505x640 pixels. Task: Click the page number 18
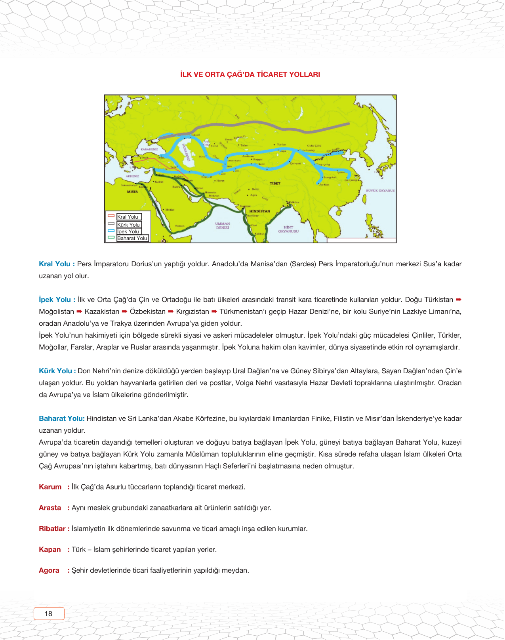pyautogui.click(x=48, y=613)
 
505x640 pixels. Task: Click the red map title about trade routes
pyautogui.click(x=250, y=75)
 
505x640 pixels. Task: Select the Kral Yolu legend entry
pyautogui.click(x=128, y=217)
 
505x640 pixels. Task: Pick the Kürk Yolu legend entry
pyautogui.click(x=129, y=225)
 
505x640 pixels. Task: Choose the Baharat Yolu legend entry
pyautogui.click(x=132, y=238)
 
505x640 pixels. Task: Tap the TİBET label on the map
pyautogui.click(x=275, y=183)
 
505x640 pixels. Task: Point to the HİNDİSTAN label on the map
pyautogui.click(x=259, y=211)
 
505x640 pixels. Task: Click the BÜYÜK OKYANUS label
pyautogui.click(x=380, y=191)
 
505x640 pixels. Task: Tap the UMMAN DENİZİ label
pyautogui.click(x=223, y=225)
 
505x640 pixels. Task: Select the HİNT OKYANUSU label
pyautogui.click(x=288, y=229)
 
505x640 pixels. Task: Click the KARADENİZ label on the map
pyautogui.click(x=149, y=149)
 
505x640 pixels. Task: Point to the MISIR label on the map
pyautogui.click(x=132, y=191)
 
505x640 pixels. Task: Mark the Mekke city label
pyautogui.click(x=170, y=210)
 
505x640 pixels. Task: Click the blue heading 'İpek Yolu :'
pyautogui.click(x=57, y=300)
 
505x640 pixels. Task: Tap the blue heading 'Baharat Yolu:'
pyautogui.click(x=62, y=418)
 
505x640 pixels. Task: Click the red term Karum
pyautogui.click(x=50, y=487)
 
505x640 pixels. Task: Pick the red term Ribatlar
pyautogui.click(x=52, y=529)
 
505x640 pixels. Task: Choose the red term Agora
pyautogui.click(x=49, y=570)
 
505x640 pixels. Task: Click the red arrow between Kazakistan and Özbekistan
pyautogui.click(x=124, y=311)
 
